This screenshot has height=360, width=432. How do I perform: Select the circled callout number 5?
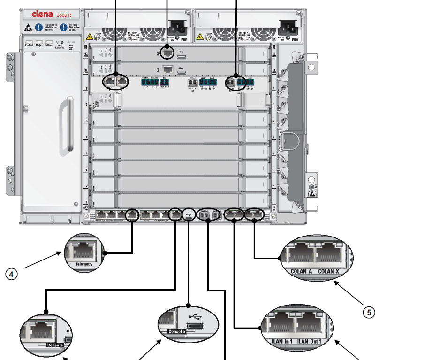pyautogui.click(x=370, y=312)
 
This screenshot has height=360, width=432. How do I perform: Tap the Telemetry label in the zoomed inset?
pyautogui.click(x=84, y=264)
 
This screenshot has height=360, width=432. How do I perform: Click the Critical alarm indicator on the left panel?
pyautogui.click(x=29, y=45)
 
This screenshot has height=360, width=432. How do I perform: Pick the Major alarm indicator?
pyautogui.click(x=39, y=45)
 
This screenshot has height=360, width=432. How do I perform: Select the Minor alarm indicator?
pyautogui.click(x=49, y=45)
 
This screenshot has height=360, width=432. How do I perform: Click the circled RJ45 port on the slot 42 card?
pyautogui.click(x=167, y=53)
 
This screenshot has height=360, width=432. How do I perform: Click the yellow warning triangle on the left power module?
pyautogui.click(x=89, y=37)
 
